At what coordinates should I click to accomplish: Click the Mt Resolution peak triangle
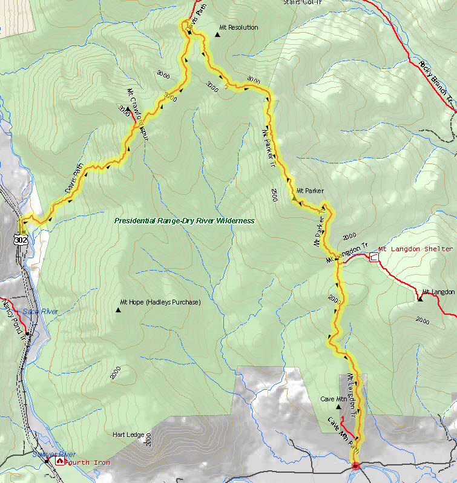point(217,33)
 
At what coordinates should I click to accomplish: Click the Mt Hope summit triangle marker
point(117,310)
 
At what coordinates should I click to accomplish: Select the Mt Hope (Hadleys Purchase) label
point(160,302)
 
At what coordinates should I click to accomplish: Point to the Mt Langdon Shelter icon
point(373,257)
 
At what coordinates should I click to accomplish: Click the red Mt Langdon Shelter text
point(415,249)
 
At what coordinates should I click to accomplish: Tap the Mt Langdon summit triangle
point(419,298)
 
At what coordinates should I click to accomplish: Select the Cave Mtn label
point(333,399)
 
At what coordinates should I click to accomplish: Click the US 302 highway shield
point(23,240)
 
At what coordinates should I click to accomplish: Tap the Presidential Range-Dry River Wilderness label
point(185,221)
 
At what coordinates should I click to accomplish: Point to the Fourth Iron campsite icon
point(59,461)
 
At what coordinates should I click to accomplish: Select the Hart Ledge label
point(128,435)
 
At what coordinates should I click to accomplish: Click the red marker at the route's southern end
point(355,465)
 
